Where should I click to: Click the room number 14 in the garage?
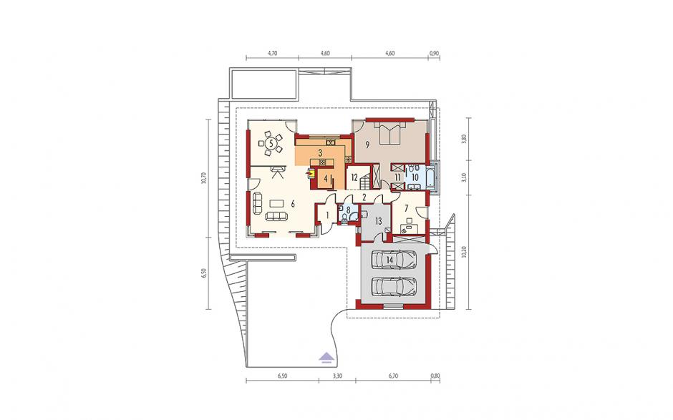click(x=389, y=259)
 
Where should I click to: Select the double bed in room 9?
click(x=389, y=132)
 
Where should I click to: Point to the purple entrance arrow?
click(x=327, y=357)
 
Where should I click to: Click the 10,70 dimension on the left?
click(x=203, y=177)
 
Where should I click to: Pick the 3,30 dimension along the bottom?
click(x=337, y=376)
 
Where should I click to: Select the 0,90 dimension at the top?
click(x=434, y=54)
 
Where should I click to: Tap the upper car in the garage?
click(x=394, y=259)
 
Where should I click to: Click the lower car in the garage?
click(x=394, y=285)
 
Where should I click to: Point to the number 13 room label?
click(x=378, y=221)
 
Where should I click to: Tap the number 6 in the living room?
click(x=293, y=204)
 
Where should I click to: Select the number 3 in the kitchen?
click(x=320, y=152)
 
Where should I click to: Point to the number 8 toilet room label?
click(x=349, y=210)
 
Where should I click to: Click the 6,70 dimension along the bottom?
click(x=393, y=376)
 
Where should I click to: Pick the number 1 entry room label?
click(x=326, y=214)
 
